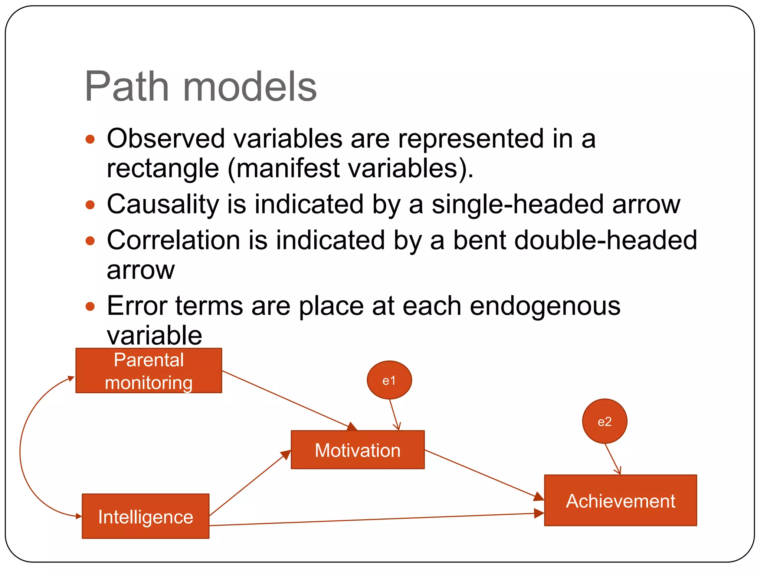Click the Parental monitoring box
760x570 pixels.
pos(148,371)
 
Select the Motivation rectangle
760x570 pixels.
pos(357,450)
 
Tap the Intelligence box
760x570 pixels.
pos(145,516)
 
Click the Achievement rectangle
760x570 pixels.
pos(620,501)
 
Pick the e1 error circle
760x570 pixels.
pos(389,380)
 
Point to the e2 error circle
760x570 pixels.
pos(605,421)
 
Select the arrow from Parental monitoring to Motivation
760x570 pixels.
pos(286,399)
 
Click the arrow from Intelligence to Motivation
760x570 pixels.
pos(249,484)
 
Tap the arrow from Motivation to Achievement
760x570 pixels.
pos(482,474)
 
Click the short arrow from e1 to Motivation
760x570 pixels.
pos(394,414)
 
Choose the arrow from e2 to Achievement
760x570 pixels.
pos(612,459)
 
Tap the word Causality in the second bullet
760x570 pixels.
pos(163,205)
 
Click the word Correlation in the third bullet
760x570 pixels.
pos(173,240)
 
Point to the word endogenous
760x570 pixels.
pos(545,307)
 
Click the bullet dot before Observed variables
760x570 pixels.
pos(90,140)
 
